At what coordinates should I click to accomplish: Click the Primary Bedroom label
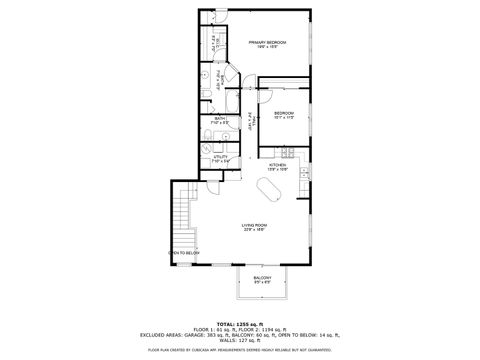(x=267, y=42)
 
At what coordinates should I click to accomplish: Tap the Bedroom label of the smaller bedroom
(x=283, y=113)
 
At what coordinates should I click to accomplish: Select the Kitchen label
(x=277, y=165)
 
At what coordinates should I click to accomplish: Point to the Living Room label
(x=253, y=225)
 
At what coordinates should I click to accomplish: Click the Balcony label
(x=262, y=277)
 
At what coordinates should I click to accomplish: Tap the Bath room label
(x=220, y=119)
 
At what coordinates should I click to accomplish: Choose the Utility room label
(x=221, y=156)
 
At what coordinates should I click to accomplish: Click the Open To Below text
(x=184, y=253)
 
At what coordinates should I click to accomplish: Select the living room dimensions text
(x=253, y=231)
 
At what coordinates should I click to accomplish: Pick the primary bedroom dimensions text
(x=267, y=47)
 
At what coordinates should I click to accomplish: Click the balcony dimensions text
(x=262, y=282)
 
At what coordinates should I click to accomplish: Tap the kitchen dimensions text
(x=277, y=170)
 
